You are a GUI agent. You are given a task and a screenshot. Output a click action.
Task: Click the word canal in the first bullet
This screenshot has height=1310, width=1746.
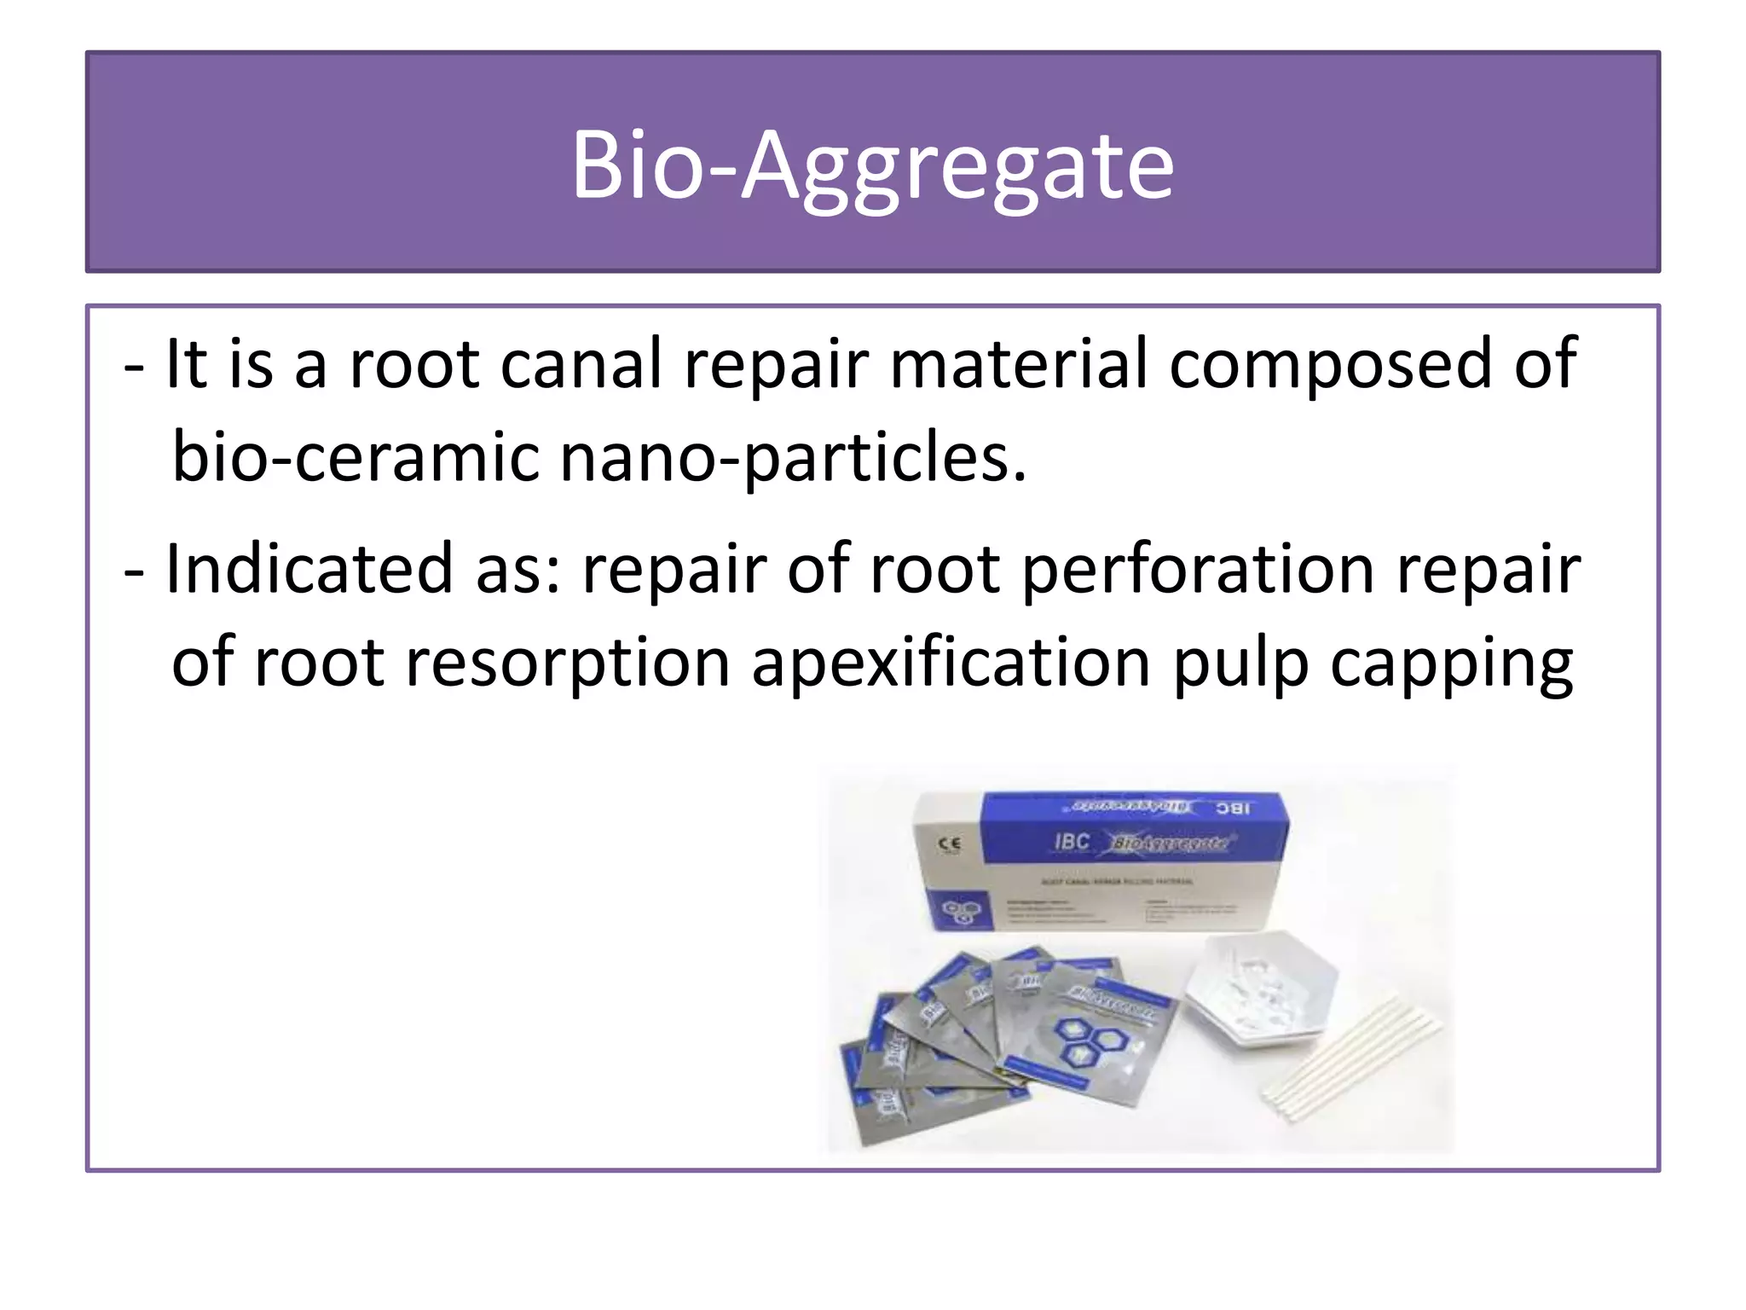(581, 364)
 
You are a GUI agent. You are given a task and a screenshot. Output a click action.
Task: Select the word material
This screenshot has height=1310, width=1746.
(1018, 364)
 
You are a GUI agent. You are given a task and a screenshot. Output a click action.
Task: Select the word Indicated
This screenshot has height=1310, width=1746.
(309, 569)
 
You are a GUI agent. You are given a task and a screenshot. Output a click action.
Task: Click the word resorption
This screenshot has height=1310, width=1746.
(568, 664)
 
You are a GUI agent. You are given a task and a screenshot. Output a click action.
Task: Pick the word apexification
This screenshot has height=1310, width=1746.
(951, 664)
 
